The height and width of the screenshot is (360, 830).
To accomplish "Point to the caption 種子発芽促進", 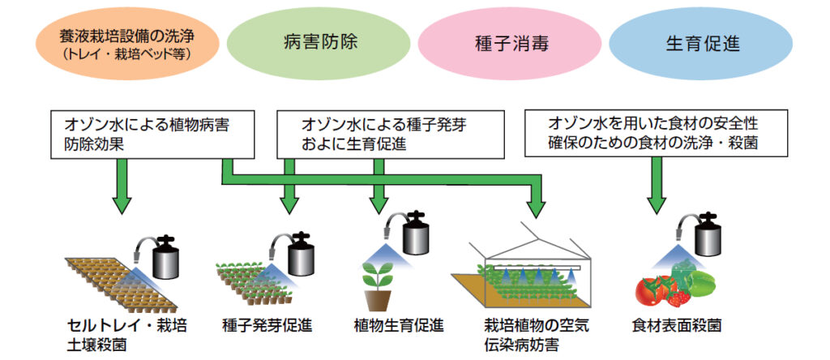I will coord(267,326).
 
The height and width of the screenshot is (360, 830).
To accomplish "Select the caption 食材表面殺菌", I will coord(676,326).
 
